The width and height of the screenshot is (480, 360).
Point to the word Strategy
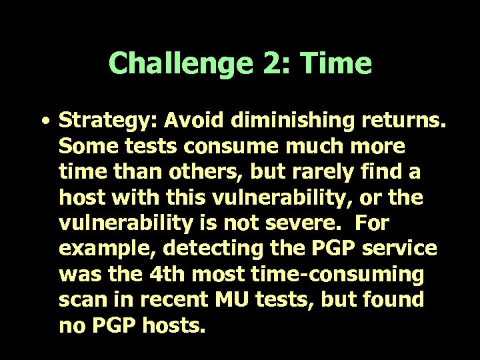tap(97, 121)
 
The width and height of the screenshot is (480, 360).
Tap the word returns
tap(403, 121)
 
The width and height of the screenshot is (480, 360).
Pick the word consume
tap(217, 146)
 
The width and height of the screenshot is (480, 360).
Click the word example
tap(107, 248)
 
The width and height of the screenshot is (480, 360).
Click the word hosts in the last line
tap(173, 325)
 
